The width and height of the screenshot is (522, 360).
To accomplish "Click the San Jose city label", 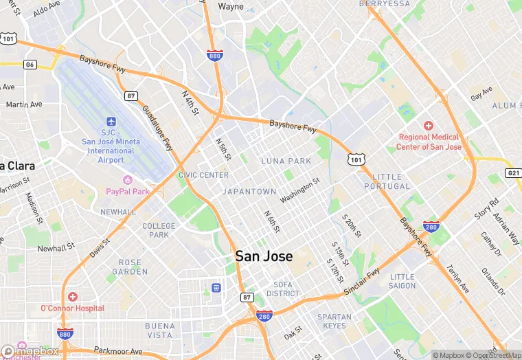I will tap(264, 256).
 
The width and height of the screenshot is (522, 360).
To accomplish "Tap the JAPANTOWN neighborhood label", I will tap(249, 192).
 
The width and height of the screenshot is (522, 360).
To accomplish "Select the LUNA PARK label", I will tap(286, 161).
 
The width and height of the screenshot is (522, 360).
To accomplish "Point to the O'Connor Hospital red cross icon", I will tap(73, 296).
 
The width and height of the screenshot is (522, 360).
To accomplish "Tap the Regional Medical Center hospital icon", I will tap(429, 126).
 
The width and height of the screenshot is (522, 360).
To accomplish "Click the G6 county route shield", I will tap(30, 65).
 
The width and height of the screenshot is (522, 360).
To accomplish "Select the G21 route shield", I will tap(513, 172).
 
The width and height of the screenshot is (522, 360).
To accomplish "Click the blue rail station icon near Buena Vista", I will tap(216, 287).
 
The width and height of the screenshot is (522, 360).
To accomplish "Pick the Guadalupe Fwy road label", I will tap(157, 128).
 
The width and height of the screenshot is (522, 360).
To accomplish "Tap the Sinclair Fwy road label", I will tap(361, 282).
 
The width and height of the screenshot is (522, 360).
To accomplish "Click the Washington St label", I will tap(300, 190).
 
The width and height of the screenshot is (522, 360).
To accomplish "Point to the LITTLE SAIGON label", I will tap(402, 281).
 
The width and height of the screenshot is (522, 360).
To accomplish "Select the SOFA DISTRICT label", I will tap(282, 289).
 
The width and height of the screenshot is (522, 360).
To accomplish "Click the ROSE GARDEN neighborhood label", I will tap(130, 267).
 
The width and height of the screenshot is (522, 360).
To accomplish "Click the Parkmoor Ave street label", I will tap(118, 350).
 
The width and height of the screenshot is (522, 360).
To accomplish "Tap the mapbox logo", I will tap(30, 350).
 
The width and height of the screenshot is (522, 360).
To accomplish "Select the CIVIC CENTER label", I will tap(203, 175).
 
